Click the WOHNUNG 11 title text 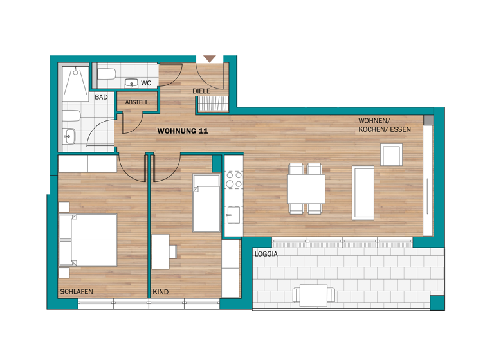(183, 130)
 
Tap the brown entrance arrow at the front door (209, 59)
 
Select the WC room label (146, 83)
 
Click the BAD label (101, 98)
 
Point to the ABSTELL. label (137, 102)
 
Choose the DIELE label (201, 91)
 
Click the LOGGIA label (266, 254)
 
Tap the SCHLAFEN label (76, 292)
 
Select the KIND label (161, 292)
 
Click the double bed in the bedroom (87, 240)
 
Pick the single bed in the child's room (206, 203)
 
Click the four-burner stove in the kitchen (233, 179)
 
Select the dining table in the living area (306, 188)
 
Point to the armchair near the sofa (392, 155)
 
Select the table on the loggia (315, 295)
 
